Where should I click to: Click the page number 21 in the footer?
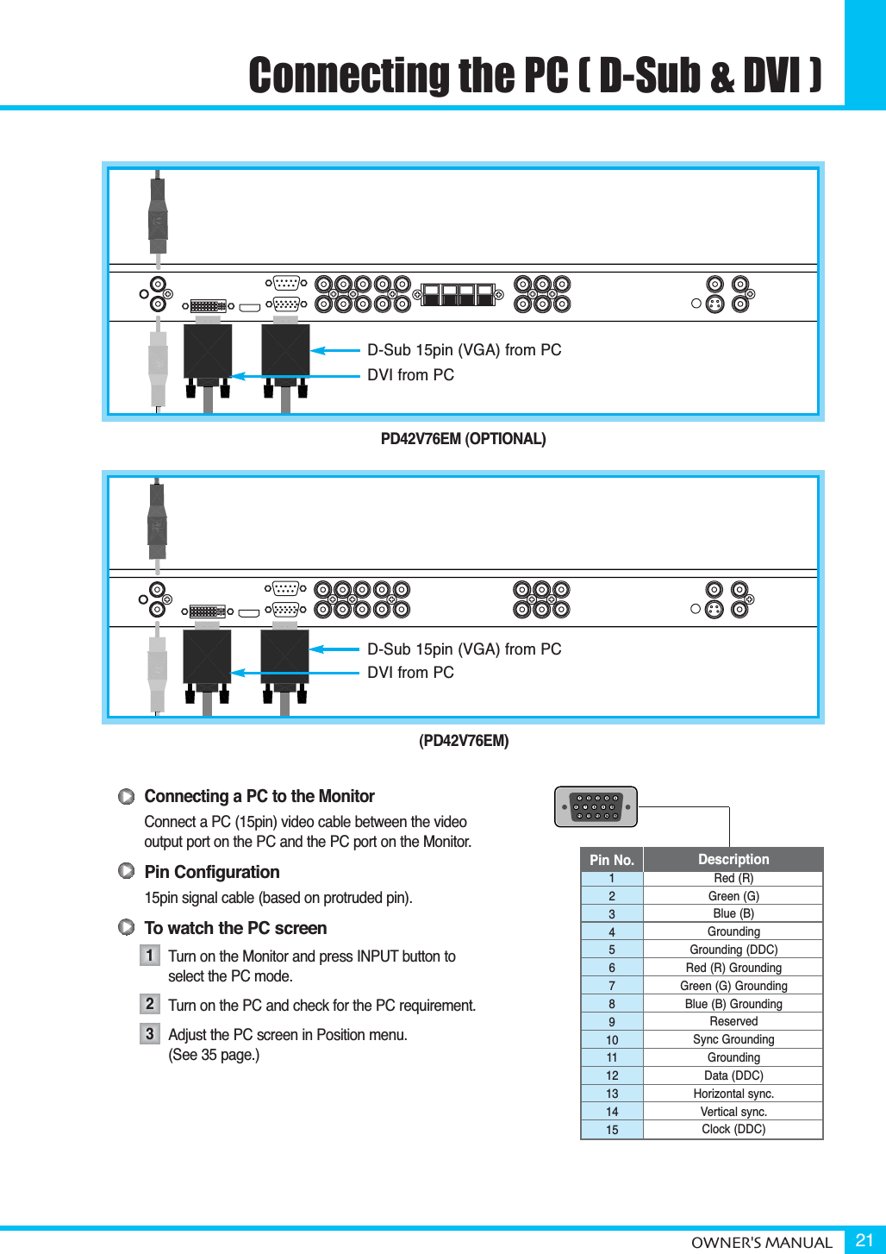pos(864,1240)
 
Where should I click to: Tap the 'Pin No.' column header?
pos(612,860)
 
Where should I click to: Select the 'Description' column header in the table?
pos(733,859)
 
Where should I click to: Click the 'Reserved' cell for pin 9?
pos(733,1021)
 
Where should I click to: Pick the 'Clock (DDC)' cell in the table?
pos(733,1129)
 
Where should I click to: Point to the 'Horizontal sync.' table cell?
pos(733,1094)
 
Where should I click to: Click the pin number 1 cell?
pos(612,878)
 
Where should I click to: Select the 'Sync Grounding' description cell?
pos(733,1039)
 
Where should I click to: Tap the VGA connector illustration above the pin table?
pos(596,806)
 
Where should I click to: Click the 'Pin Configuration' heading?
pos(212,872)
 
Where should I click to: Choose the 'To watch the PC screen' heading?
pos(235,928)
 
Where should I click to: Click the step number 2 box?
pos(150,1004)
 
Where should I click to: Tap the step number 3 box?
pos(150,1033)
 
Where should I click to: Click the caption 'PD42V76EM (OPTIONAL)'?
pos(463,439)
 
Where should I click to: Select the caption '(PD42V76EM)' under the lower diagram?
pos(464,741)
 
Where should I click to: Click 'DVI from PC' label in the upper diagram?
pos(410,375)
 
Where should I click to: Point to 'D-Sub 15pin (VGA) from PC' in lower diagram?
pos(464,649)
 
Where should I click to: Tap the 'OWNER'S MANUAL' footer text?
pos(761,1243)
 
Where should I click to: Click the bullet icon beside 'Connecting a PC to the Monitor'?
pos(127,796)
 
